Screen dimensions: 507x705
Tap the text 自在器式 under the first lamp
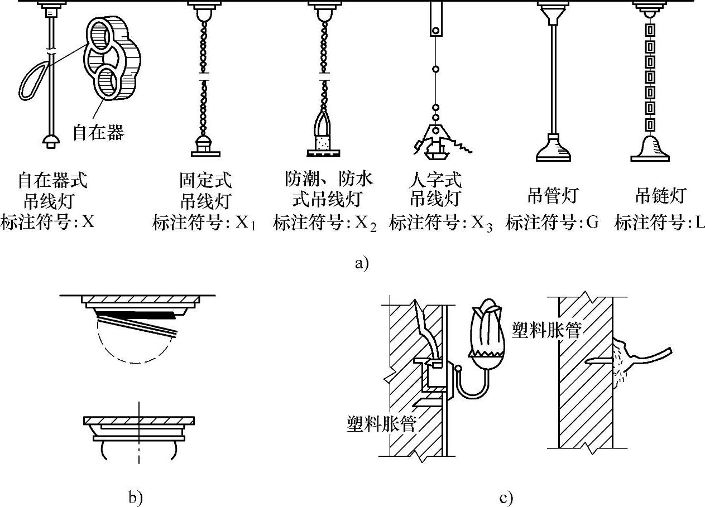tap(52, 181)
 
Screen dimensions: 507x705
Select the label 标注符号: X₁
tap(204, 224)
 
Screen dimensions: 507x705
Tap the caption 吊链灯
tap(660, 196)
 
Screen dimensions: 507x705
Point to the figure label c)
tap(506, 497)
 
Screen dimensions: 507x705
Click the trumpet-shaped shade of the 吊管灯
tap(553, 149)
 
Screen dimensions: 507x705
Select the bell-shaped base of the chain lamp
tap(650, 149)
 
